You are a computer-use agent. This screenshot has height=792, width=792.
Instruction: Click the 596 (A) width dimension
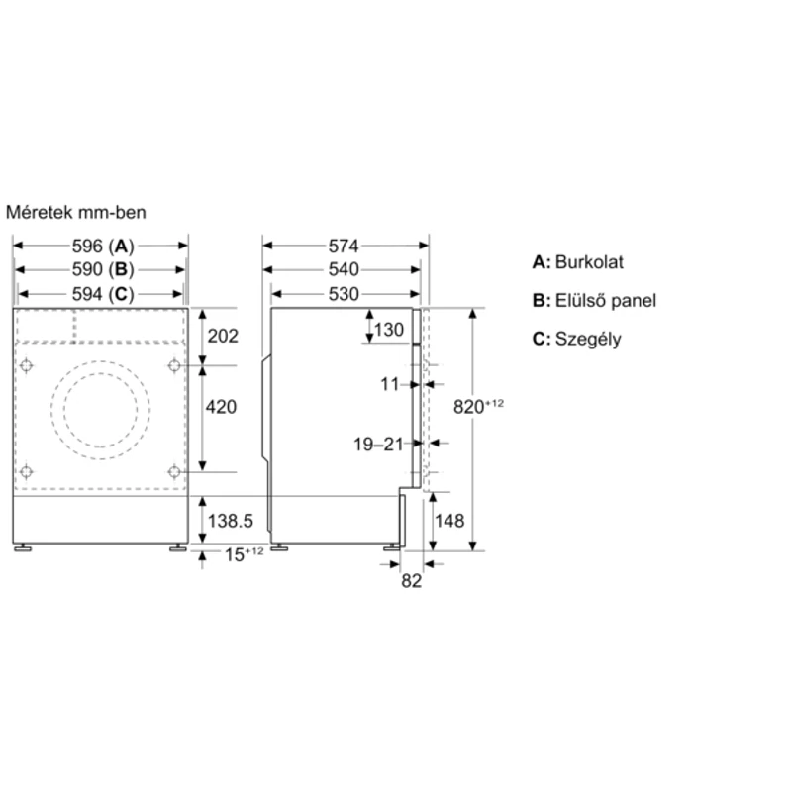click(103, 246)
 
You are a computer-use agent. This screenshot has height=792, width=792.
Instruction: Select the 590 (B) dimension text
click(103, 269)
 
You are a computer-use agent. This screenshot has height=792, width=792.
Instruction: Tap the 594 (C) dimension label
click(103, 294)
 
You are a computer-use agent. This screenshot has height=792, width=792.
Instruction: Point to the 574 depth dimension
click(344, 246)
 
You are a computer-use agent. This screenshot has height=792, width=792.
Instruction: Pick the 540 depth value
click(344, 269)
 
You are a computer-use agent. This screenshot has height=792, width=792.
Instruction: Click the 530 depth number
click(344, 294)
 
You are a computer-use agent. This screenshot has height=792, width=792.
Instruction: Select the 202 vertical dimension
click(223, 336)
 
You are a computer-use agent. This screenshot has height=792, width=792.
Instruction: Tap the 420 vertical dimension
click(221, 407)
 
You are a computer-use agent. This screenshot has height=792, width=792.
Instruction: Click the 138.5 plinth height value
click(231, 521)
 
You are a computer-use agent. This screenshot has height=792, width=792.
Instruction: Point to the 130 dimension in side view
click(389, 330)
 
